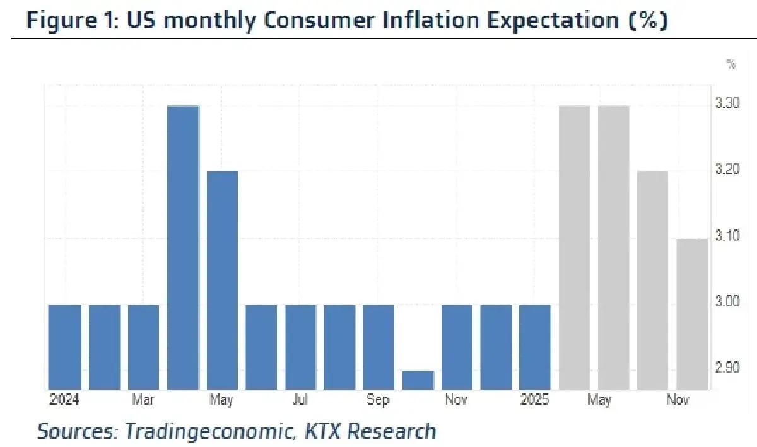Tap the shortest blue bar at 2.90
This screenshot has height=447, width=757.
[x=418, y=380]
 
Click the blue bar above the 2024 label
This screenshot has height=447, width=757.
[x=65, y=347]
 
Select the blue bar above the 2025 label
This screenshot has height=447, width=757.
[x=535, y=347]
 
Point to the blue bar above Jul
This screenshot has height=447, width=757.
[x=300, y=347]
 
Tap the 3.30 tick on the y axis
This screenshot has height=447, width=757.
[x=728, y=103]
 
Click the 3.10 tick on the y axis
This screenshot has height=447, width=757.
[x=728, y=236]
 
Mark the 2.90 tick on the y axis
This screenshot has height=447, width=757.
[x=728, y=368]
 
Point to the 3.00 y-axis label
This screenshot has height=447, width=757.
[x=728, y=303]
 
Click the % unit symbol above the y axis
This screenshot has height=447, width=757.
[x=731, y=64]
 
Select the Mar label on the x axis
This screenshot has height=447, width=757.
[x=143, y=400]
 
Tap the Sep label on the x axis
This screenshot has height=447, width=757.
[x=378, y=400]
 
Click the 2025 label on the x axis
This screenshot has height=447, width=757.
[x=535, y=400]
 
